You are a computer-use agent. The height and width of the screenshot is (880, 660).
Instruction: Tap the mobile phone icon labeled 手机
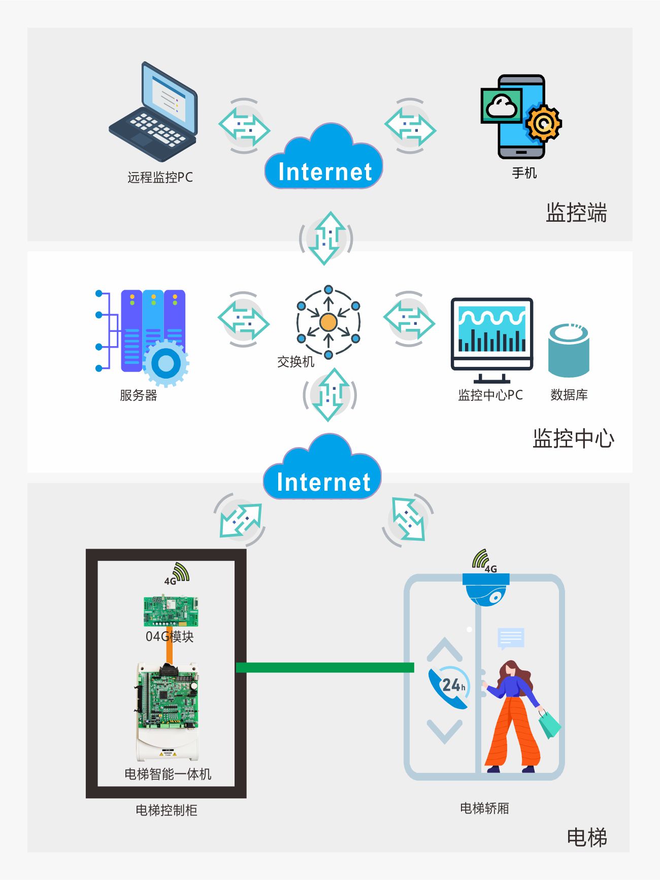[521, 117]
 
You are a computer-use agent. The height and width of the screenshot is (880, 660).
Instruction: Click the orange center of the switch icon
[328, 322]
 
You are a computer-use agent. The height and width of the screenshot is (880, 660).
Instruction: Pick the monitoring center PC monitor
[491, 335]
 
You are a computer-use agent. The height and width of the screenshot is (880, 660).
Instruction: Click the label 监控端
[576, 213]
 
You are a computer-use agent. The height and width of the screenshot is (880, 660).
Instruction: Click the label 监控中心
[573, 438]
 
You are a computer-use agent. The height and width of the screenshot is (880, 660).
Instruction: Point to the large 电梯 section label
[586, 837]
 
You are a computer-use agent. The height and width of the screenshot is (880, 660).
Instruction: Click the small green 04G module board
[171, 611]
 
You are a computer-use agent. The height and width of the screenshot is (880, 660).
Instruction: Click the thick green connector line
[325, 667]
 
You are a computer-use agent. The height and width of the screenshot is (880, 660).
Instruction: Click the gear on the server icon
[166, 363]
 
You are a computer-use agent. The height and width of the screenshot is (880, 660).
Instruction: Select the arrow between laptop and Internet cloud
[244, 126]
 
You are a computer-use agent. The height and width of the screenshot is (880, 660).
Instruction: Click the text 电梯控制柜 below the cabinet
[166, 810]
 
